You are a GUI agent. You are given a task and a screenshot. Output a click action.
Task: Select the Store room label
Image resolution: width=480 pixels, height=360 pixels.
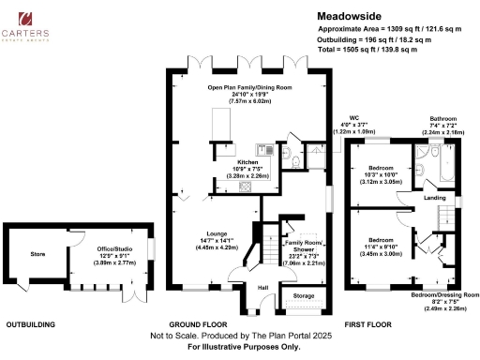37,253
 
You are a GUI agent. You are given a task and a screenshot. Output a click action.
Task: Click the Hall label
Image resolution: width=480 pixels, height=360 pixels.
263,288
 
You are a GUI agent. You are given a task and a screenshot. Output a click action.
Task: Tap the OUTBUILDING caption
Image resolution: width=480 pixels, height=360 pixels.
29,324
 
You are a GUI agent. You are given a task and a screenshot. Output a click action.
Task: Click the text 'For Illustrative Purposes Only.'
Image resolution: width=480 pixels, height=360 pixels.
239,348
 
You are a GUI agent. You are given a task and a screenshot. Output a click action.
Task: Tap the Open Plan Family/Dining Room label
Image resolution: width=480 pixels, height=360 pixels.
249,86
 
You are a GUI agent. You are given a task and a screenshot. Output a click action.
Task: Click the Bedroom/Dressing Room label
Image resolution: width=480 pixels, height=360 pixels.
444,293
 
